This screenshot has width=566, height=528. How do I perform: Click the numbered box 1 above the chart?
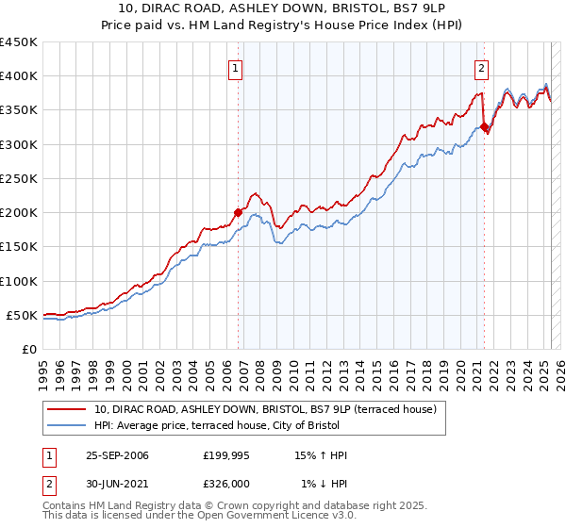click(234, 67)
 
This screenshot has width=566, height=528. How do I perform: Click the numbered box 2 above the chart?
click(481, 67)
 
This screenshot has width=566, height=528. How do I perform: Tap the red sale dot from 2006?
click(238, 213)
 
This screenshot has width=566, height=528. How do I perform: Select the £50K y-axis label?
click(22, 315)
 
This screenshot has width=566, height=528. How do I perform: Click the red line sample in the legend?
click(67, 410)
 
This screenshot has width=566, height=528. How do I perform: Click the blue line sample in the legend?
click(67, 424)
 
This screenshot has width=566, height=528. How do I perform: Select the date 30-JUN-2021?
click(116, 484)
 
